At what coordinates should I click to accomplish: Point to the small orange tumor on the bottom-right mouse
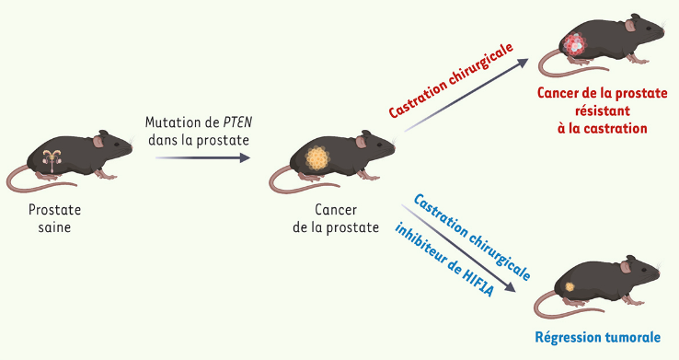(x=570, y=286)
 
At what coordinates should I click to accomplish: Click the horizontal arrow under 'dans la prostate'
(x=202, y=158)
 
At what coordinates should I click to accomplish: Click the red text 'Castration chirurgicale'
(x=450, y=79)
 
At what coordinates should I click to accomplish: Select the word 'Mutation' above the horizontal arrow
(x=174, y=122)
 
